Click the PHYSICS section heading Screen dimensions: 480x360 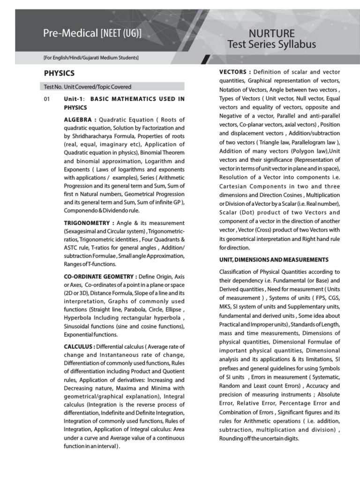59,73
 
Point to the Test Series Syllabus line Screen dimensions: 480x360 271,45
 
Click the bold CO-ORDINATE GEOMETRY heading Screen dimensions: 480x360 100,276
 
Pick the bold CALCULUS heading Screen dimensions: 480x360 79,346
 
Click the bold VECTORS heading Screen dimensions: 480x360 235,72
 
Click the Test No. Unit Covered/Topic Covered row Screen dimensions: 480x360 88,87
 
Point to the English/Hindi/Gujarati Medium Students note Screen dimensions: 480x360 91,58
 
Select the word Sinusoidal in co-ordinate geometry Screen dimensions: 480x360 78,326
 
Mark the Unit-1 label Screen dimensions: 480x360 72,99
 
